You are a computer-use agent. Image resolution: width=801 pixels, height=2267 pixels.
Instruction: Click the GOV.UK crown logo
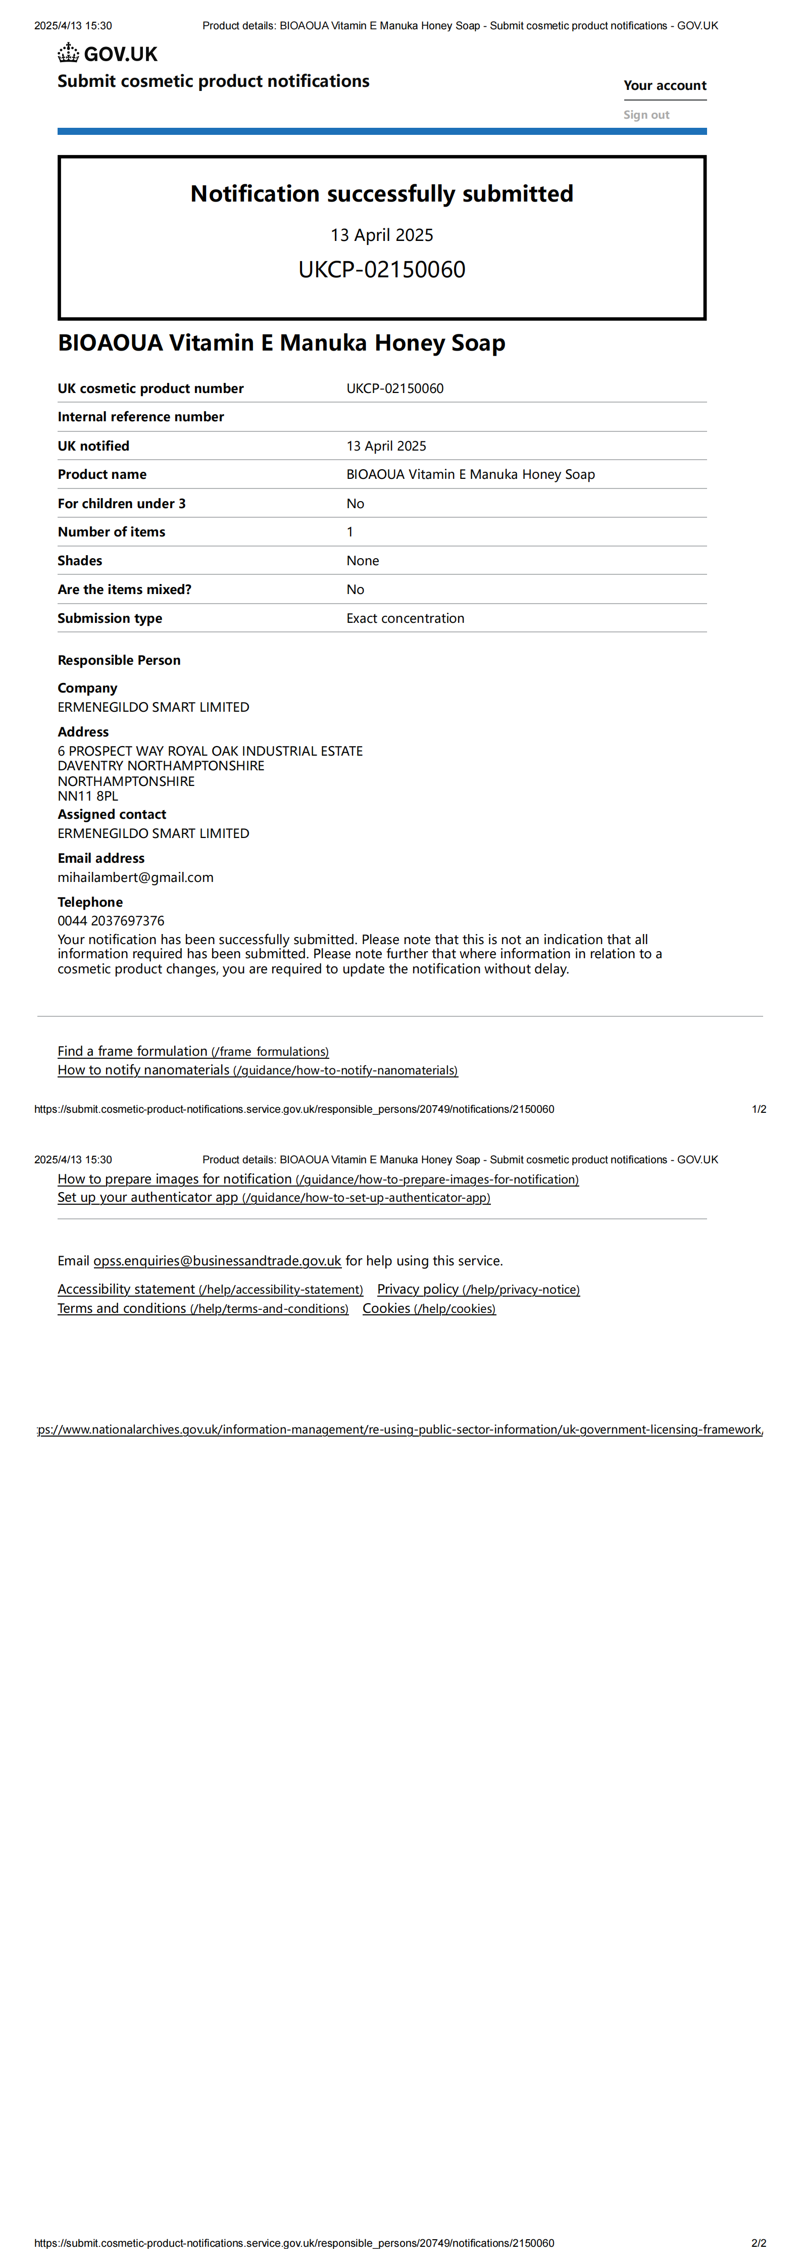[x=69, y=54]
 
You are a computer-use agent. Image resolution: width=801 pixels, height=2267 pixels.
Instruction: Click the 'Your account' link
[x=665, y=85]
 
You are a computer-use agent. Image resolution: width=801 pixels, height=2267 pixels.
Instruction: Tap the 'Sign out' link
[x=646, y=115]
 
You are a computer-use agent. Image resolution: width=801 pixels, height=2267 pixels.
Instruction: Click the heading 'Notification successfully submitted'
[x=381, y=193]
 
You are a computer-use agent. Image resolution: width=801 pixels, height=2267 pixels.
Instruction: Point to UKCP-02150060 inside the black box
[x=381, y=269]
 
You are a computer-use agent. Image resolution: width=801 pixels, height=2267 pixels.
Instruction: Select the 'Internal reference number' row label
[x=141, y=417]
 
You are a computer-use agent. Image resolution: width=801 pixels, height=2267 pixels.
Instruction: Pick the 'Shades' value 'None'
[x=363, y=561]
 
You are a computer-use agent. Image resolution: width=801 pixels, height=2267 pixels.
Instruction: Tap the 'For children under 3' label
[x=122, y=504]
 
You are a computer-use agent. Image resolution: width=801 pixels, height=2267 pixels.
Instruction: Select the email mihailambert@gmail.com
[x=135, y=877]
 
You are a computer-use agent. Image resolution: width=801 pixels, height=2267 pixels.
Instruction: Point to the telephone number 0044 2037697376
[x=111, y=920]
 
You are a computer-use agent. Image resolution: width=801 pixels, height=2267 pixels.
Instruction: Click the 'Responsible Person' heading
[x=119, y=660]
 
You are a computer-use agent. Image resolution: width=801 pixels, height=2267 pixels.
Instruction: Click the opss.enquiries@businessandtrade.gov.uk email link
[x=217, y=1261]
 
